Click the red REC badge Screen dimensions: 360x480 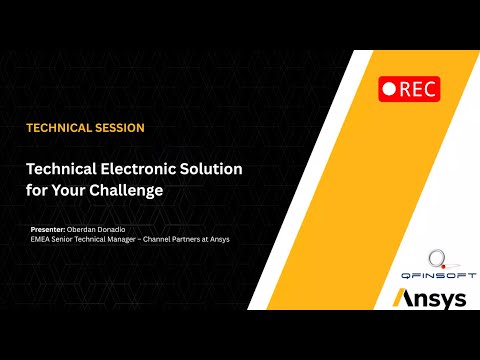coord(409,88)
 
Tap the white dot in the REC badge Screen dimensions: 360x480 coord(389,89)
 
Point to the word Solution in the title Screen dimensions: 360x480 coord(207,170)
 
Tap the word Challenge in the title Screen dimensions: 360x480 coord(129,190)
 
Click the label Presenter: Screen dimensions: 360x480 coord(49,230)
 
